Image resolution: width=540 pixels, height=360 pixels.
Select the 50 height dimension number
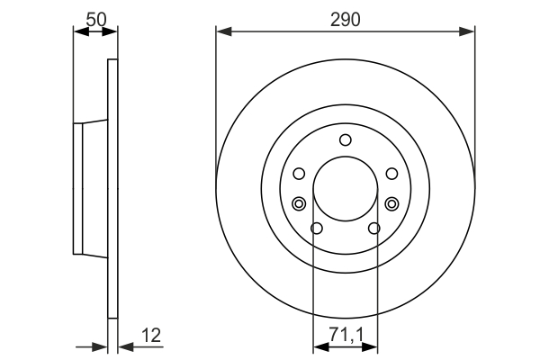[94, 17]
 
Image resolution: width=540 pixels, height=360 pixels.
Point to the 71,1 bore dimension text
[345, 334]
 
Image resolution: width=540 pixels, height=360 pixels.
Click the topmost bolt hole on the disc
[345, 139]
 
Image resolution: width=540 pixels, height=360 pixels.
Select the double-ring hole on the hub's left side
[299, 203]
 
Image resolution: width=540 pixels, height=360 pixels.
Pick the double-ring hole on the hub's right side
[391, 203]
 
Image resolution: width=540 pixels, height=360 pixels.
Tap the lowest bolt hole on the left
[316, 228]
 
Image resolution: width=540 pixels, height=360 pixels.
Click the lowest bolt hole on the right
[373, 228]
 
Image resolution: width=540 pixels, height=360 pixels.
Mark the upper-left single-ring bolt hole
[299, 174]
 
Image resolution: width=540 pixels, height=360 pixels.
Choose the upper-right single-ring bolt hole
[391, 174]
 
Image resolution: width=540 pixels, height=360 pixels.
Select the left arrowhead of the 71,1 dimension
[318, 344]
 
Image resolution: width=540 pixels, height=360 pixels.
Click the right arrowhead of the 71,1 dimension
[373, 344]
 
